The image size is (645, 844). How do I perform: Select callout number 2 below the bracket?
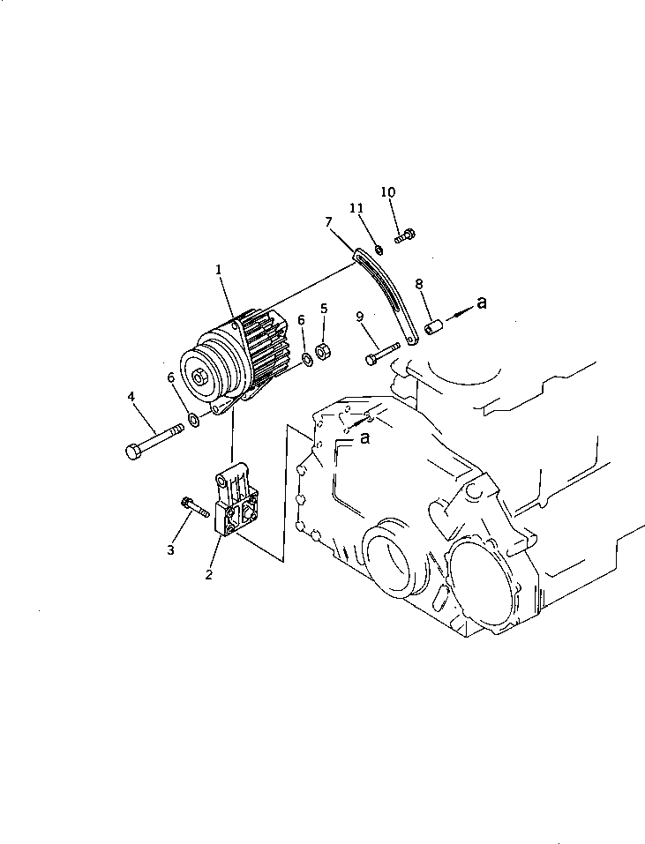[208, 575]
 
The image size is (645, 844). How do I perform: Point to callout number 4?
[131, 397]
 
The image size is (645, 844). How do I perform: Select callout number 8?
[419, 284]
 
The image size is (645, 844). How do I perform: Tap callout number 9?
[360, 316]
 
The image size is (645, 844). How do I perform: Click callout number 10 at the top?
[388, 191]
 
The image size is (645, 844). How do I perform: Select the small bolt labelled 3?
[195, 507]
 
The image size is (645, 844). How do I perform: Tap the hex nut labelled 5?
[323, 350]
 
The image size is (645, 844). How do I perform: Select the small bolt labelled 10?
[406, 235]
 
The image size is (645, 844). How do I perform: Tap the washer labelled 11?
[378, 250]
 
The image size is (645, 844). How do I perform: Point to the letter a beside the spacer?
[481, 303]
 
